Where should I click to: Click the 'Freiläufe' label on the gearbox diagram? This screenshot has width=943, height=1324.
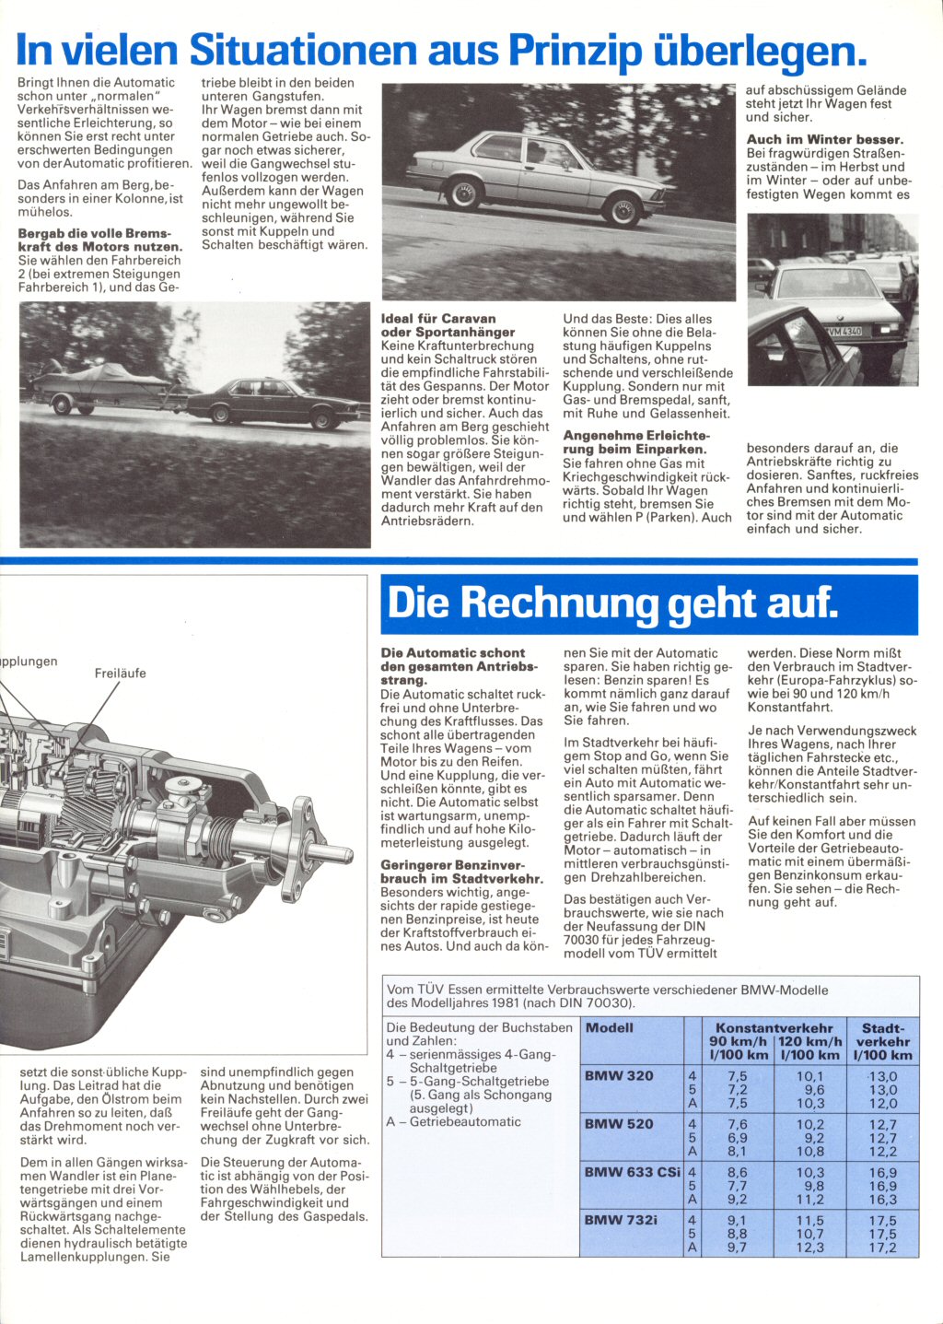(x=120, y=674)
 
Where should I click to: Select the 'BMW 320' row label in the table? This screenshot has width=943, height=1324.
(x=619, y=1076)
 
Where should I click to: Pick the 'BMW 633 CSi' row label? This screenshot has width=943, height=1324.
(x=633, y=1172)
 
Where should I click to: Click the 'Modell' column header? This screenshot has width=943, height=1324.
(x=610, y=1027)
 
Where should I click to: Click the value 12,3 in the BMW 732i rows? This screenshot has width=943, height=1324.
(x=810, y=1248)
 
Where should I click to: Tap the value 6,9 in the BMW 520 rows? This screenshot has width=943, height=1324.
(x=737, y=1138)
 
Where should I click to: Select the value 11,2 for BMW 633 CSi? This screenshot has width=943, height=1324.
(x=810, y=1200)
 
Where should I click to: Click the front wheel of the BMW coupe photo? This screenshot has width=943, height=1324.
(x=623, y=211)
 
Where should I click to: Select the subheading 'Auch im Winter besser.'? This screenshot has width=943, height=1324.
(x=824, y=140)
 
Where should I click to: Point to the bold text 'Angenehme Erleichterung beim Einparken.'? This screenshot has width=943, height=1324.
(x=635, y=442)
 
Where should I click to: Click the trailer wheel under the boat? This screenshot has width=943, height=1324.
(x=63, y=404)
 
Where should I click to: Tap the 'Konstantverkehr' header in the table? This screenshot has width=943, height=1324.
(x=774, y=1027)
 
